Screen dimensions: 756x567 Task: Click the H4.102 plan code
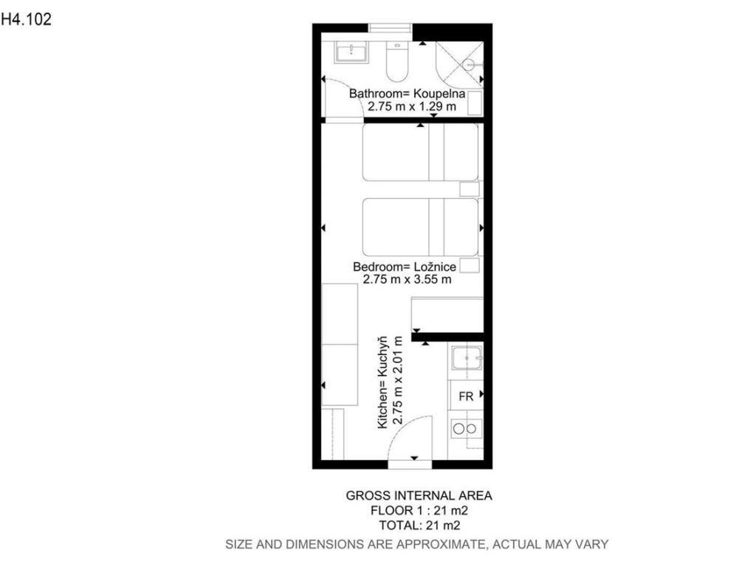(x=26, y=19)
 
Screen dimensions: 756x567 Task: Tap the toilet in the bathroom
(x=396, y=62)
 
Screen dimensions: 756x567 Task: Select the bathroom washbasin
(x=351, y=52)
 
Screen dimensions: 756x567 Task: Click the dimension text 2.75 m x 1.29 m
(x=412, y=106)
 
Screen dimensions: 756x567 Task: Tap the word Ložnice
(x=435, y=267)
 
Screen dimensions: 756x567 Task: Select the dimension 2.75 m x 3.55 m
(x=407, y=279)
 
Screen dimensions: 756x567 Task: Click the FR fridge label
(x=466, y=396)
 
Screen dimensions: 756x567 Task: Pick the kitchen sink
(x=467, y=358)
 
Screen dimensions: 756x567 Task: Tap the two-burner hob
(x=466, y=428)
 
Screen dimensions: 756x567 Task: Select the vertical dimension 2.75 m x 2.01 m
(x=397, y=380)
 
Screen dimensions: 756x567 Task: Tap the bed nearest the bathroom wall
(x=420, y=152)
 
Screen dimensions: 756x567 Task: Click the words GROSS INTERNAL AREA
(x=419, y=495)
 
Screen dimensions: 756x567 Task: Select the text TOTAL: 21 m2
(x=419, y=525)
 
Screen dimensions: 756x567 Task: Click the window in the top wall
(x=390, y=29)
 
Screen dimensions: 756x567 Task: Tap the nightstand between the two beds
(x=469, y=189)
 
